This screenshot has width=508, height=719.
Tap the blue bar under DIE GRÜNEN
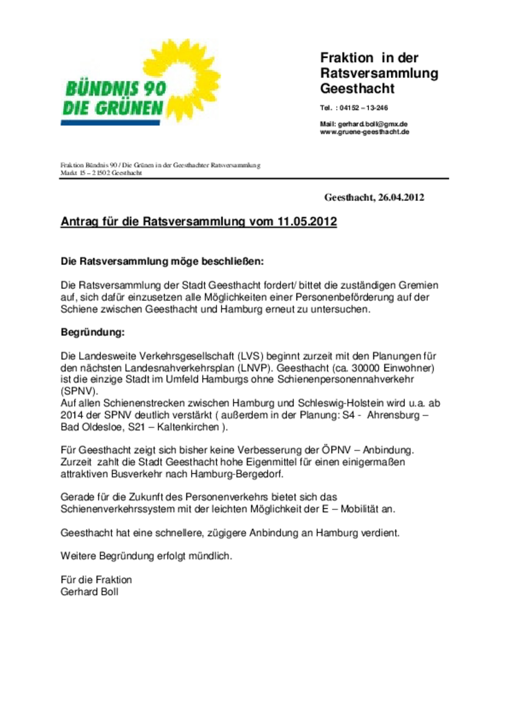[110, 123]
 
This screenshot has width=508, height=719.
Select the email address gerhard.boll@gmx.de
[373, 124]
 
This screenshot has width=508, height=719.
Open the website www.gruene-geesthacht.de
[364, 132]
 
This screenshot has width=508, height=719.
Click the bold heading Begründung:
[93, 332]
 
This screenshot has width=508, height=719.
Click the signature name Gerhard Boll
[89, 592]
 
